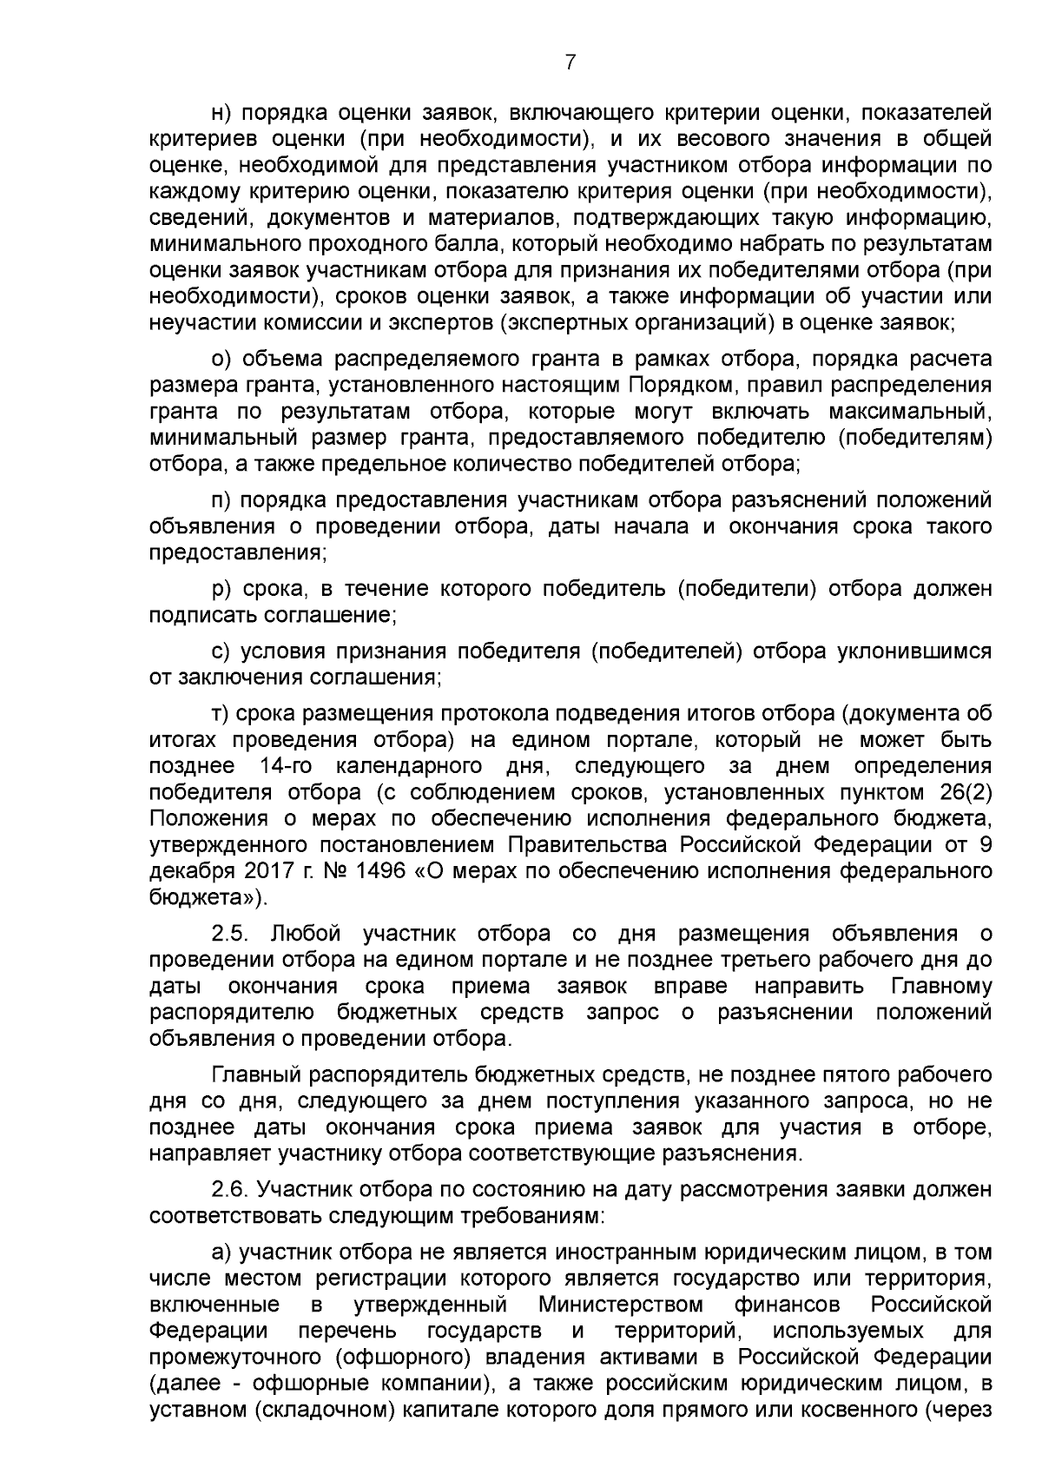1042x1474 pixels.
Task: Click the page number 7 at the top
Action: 570,62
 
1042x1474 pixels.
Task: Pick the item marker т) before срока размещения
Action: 221,714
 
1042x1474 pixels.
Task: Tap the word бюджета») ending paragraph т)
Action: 208,897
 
